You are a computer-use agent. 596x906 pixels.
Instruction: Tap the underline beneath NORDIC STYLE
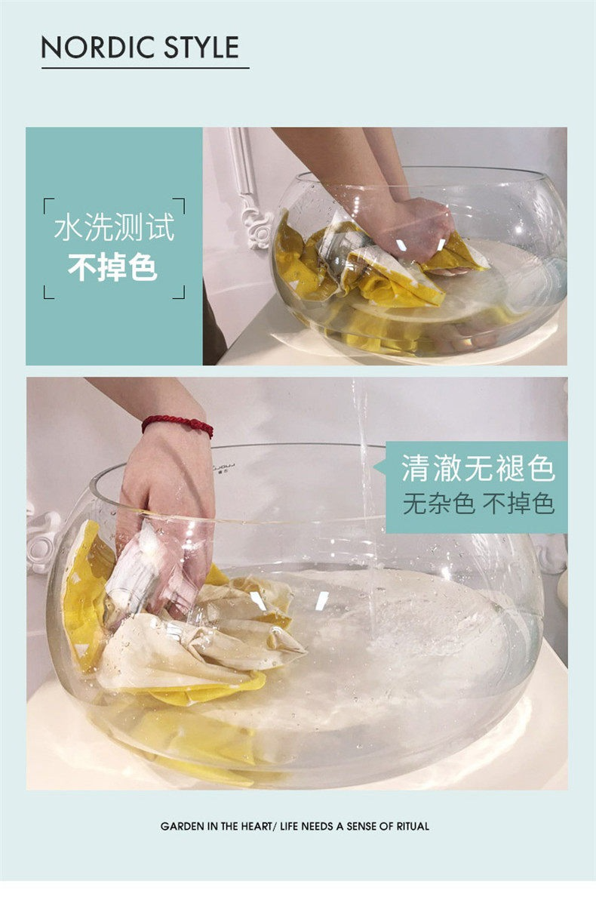[x=146, y=68]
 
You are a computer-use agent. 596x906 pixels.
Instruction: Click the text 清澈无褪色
[x=478, y=469]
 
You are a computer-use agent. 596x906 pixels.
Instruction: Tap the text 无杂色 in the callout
[x=438, y=504]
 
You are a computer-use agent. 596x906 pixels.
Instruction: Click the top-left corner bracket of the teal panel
[x=48, y=204]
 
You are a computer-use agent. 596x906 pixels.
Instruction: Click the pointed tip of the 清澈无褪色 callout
[x=373, y=468]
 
